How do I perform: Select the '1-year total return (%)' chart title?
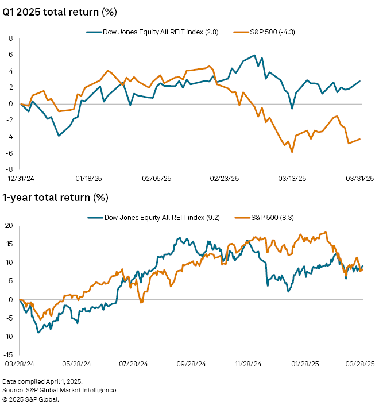click(x=55, y=198)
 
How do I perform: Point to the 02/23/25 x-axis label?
click(x=224, y=179)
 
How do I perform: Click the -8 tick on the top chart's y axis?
click(x=9, y=169)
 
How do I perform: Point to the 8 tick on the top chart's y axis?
click(x=10, y=38)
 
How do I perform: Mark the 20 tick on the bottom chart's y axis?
click(x=9, y=225)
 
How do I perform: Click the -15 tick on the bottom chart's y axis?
click(x=7, y=355)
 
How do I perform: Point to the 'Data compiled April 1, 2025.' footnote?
click(x=42, y=381)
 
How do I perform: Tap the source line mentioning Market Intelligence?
click(x=60, y=390)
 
